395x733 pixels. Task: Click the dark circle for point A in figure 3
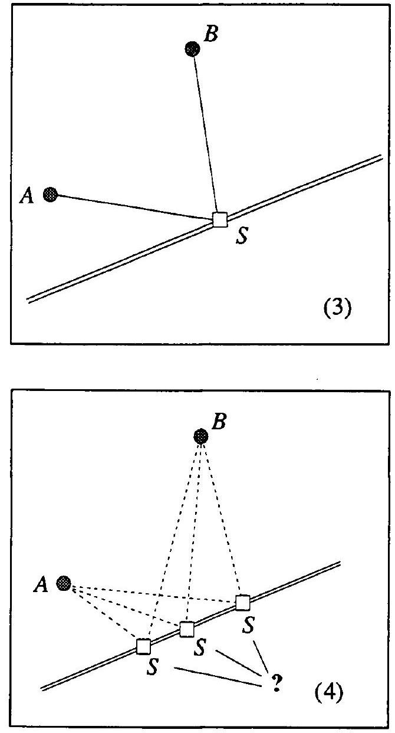click(x=50, y=195)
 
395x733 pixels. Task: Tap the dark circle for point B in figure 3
click(x=192, y=49)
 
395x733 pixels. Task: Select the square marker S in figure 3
click(x=220, y=219)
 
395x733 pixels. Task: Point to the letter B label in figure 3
click(x=210, y=34)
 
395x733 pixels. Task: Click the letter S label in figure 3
click(x=242, y=236)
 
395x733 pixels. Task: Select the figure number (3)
click(x=337, y=308)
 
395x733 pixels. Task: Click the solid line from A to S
click(x=135, y=207)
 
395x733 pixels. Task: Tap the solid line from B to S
click(x=205, y=134)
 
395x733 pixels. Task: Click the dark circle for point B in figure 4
click(x=201, y=436)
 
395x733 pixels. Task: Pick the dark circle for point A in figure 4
click(x=64, y=583)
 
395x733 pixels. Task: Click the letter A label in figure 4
click(x=41, y=584)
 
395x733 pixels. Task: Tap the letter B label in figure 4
click(x=219, y=421)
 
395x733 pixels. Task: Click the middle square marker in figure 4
click(x=187, y=629)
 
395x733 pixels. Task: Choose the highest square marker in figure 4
click(x=242, y=603)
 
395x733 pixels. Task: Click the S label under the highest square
click(x=248, y=624)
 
